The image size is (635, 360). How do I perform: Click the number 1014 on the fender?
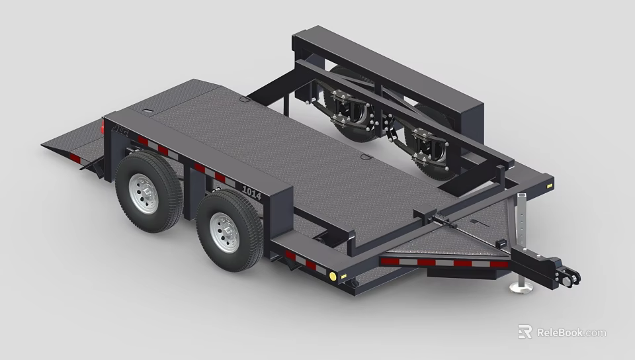252,193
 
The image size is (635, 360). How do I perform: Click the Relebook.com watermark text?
571,332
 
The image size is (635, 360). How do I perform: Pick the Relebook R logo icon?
525,332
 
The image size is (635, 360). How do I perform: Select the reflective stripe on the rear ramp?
75,157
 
